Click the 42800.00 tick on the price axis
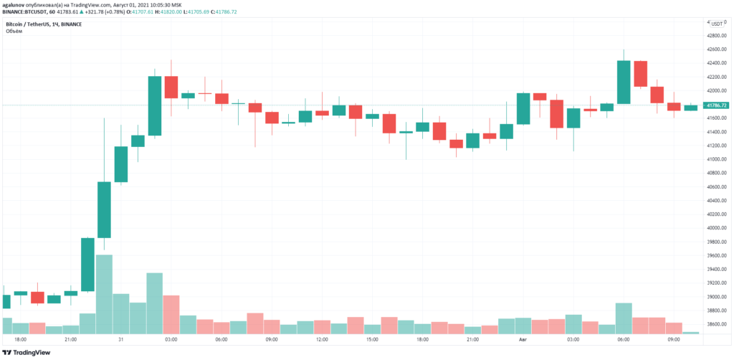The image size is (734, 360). (717, 35)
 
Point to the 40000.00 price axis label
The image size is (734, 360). (717, 228)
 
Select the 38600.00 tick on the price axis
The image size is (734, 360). (717, 324)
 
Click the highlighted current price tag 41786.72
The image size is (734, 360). (717, 105)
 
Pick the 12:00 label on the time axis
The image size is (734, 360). (322, 339)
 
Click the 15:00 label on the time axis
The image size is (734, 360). (372, 339)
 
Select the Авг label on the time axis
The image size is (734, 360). (523, 339)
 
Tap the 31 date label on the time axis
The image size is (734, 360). (121, 339)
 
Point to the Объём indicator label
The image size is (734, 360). (14, 32)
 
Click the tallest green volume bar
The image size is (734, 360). (104, 294)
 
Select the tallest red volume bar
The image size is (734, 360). (171, 314)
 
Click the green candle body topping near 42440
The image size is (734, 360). (623, 82)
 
